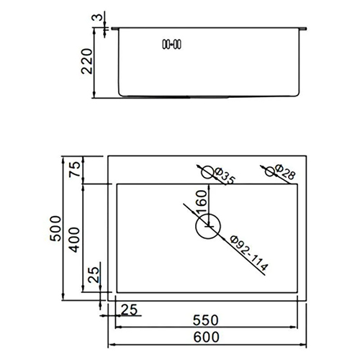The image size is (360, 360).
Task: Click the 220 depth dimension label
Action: [x=87, y=61]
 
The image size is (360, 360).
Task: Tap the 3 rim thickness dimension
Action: [x=97, y=17]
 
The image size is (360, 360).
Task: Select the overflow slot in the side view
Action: [x=172, y=45]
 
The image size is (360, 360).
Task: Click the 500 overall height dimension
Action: [x=55, y=228]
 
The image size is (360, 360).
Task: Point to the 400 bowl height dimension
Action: [x=74, y=240]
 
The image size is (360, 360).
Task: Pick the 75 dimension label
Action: [x=74, y=169]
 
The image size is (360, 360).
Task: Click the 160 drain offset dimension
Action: [x=201, y=202]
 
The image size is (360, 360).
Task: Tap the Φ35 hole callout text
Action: [x=225, y=176]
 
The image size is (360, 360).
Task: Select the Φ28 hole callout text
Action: [x=284, y=172]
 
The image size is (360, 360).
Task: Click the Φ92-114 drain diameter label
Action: [x=248, y=253]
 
